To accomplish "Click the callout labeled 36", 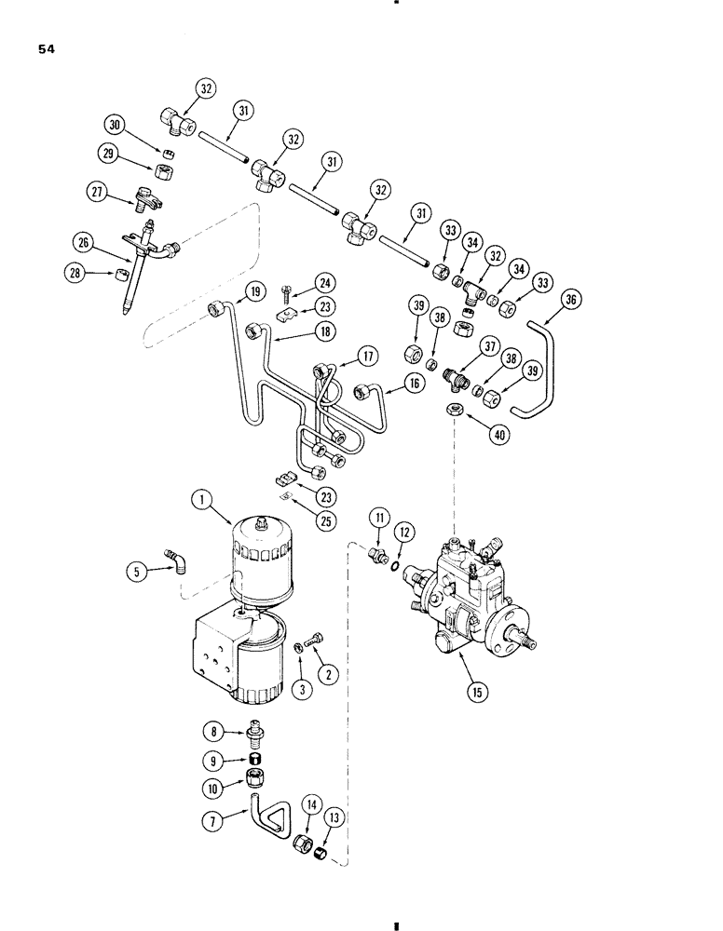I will pos(571,300).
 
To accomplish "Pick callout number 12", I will pos(402,531).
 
